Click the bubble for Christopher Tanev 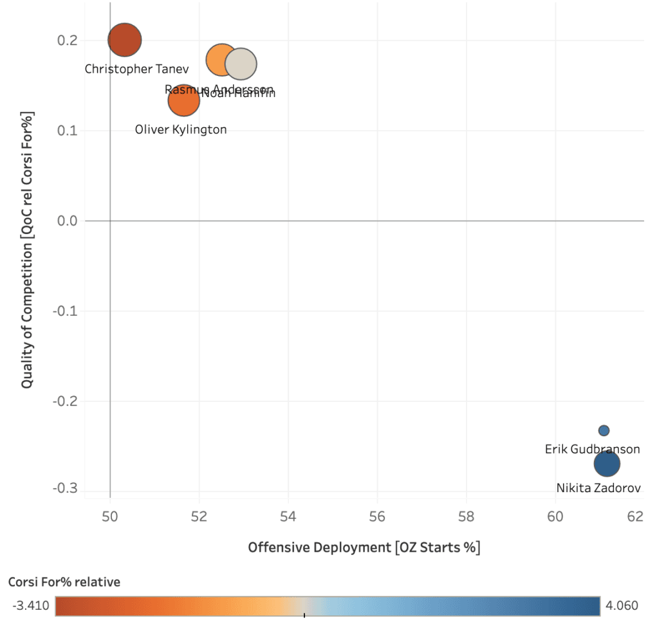(125, 40)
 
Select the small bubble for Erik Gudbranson (604, 430)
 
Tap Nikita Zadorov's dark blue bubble (607, 463)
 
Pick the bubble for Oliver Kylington (183, 100)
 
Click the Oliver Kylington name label (181, 130)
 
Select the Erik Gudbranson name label (592, 449)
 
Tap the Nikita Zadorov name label (599, 488)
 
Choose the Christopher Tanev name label (137, 69)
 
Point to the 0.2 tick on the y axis (67, 41)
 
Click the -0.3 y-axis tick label (64, 488)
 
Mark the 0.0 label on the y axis (67, 221)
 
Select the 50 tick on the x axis (110, 516)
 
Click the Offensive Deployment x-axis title (364, 548)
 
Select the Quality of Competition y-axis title (27, 250)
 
